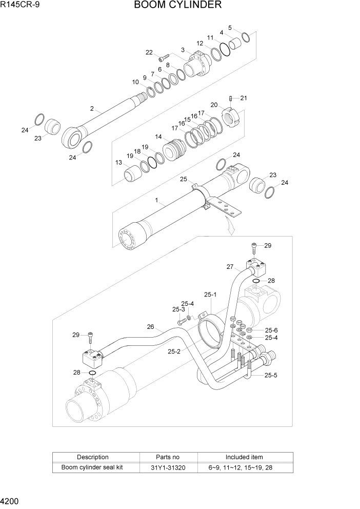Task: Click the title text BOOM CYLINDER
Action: pos(178,6)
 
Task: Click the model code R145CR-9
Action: pos(19,5)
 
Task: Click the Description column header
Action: pos(93,457)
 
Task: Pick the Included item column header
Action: pos(244,457)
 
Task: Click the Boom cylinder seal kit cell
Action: pos(92,467)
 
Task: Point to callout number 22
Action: pos(149,52)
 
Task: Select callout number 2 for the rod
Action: pos(92,108)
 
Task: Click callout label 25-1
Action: pos(211,295)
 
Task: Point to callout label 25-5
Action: pos(271,375)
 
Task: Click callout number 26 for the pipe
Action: pos(150,327)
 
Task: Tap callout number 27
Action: pos(230,267)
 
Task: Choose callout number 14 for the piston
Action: pos(158,136)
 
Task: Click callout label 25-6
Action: pos(271,330)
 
